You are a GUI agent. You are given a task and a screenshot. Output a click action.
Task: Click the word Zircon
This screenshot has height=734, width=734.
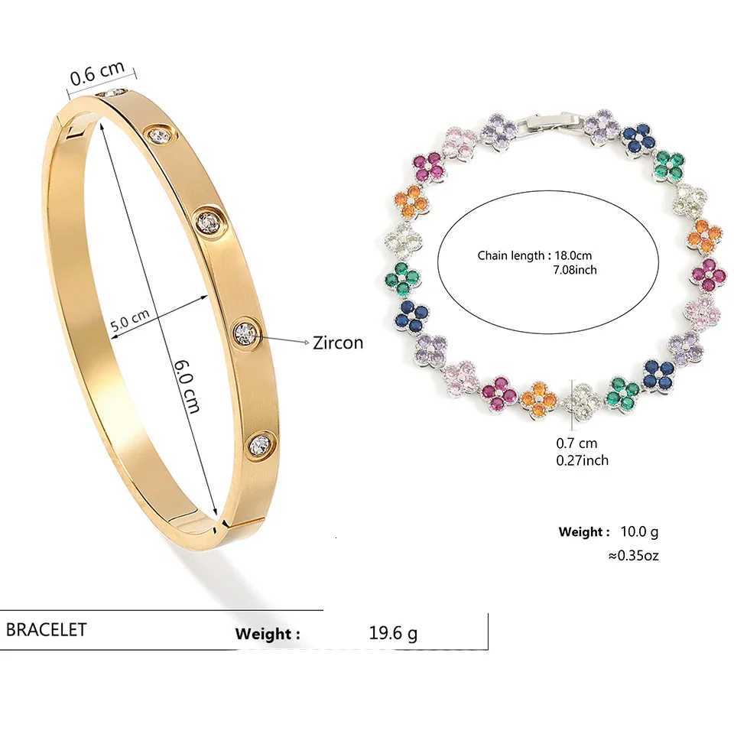[338, 343]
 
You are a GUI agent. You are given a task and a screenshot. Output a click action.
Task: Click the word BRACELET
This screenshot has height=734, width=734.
[47, 629]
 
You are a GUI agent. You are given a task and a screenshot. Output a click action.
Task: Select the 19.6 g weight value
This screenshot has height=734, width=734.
[393, 633]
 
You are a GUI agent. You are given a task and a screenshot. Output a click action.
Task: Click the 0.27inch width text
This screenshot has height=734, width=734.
[582, 460]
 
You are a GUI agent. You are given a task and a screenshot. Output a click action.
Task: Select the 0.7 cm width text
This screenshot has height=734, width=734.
[576, 443]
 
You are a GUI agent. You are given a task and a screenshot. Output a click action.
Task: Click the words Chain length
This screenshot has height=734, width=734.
[510, 255]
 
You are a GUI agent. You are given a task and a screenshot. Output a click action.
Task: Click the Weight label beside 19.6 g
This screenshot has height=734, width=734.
[267, 634]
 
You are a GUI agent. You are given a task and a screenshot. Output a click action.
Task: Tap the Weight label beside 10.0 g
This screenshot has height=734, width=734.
[584, 531]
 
